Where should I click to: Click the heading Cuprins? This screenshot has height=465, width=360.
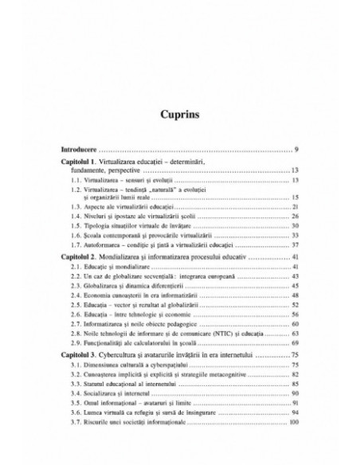pyautogui.click(x=180, y=113)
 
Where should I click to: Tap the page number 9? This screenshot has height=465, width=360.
pyautogui.click(x=295, y=150)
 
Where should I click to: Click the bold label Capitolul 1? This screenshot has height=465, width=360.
pyautogui.click(x=85, y=162)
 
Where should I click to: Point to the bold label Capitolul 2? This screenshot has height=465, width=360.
pyautogui.click(x=85, y=259)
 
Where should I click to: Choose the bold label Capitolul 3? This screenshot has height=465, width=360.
pyautogui.click(x=85, y=353)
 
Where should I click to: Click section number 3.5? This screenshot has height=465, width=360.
pyautogui.click(x=76, y=404)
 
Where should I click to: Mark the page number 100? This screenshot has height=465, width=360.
pyautogui.click(x=292, y=423)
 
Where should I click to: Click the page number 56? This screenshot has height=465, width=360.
pyautogui.click(x=294, y=314)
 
